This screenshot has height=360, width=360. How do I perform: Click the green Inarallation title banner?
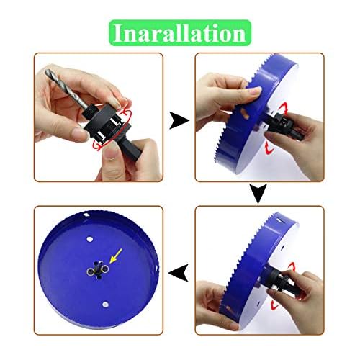[179, 32]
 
